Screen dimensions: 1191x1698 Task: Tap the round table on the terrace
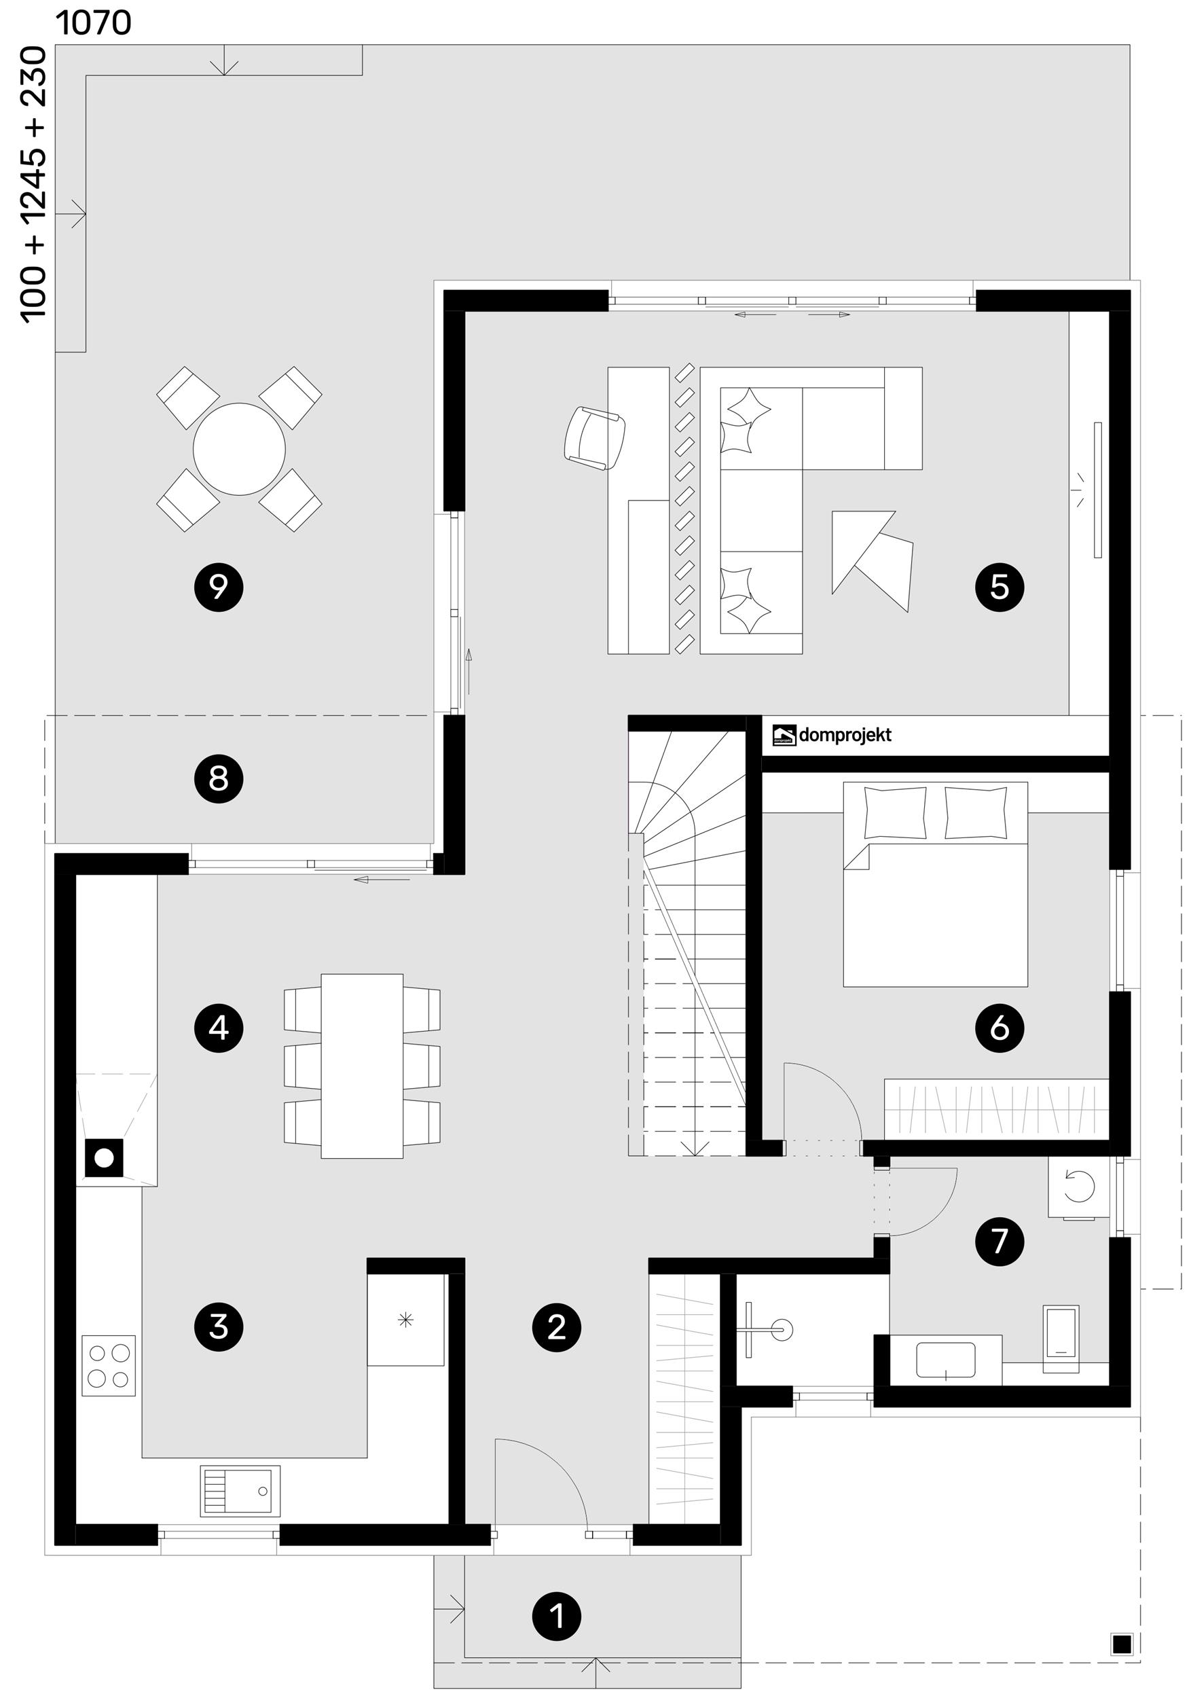pos(239,449)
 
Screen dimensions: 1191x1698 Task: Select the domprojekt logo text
pos(844,735)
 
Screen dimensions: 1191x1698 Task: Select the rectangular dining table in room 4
pos(361,1066)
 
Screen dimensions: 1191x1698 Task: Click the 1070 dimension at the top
pos(94,23)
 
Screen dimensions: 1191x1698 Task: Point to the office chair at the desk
pos(593,437)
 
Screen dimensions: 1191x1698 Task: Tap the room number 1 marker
pos(557,1616)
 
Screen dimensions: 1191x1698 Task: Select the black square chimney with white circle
pos(103,1157)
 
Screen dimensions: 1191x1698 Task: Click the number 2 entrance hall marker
pos(557,1326)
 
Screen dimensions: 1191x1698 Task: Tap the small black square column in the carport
pos(1122,1643)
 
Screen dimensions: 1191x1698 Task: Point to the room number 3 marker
pos(218,1326)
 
